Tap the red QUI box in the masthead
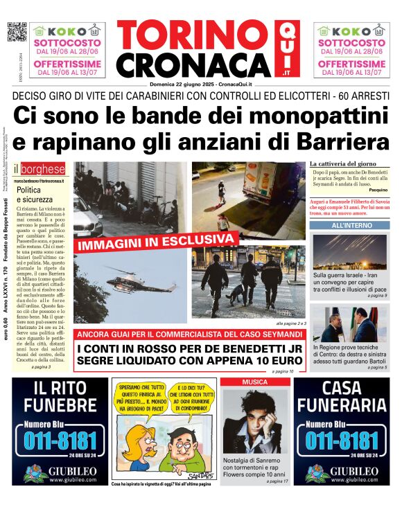(x=286, y=49)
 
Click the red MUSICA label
(x=252, y=382)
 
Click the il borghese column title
(x=42, y=169)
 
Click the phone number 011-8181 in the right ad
(x=342, y=441)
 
